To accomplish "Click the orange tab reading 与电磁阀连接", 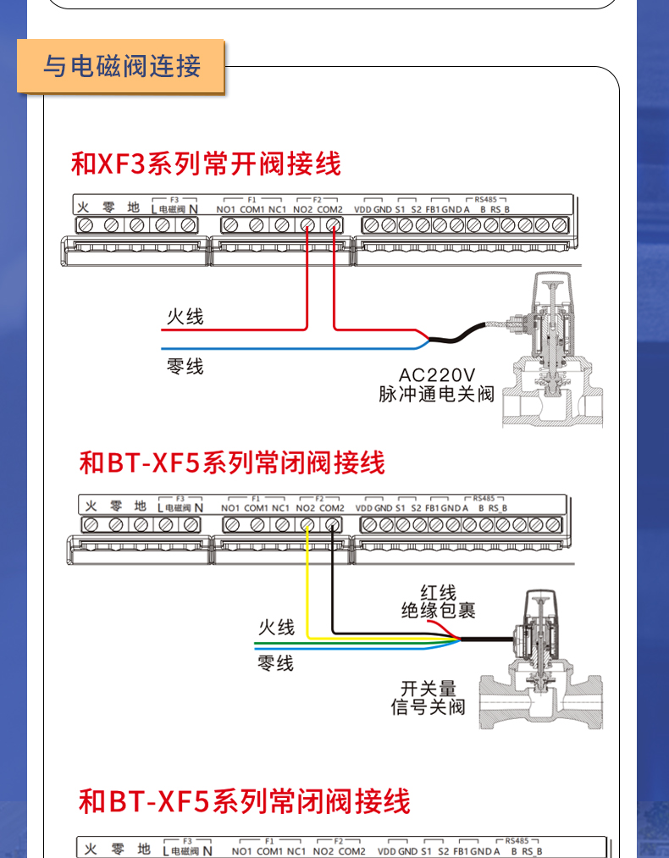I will click(122, 65).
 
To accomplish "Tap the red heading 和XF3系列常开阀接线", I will click(206, 163).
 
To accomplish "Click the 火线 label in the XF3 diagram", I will click(185, 317).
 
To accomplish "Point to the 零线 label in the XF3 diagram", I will click(185, 366).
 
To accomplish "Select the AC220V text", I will click(437, 374).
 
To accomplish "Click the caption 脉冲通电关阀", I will click(436, 394).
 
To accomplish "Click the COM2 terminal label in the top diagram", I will click(330, 209).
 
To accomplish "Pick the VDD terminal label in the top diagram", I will click(362, 209).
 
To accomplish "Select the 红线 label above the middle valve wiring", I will click(438, 593).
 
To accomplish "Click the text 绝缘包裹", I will click(438, 611).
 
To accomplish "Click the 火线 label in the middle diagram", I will click(276, 627).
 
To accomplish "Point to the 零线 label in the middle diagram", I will click(276, 663).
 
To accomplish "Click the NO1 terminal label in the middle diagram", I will click(230, 508).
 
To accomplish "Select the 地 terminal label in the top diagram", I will click(133, 207).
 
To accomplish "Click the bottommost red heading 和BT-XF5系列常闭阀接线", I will click(244, 800).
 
